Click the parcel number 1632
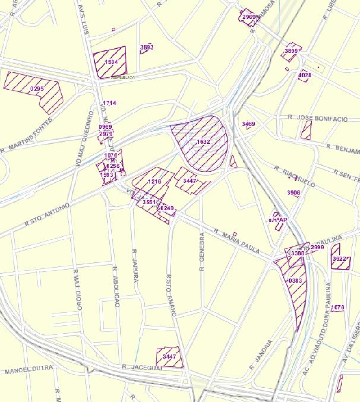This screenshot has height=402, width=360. point(203,142)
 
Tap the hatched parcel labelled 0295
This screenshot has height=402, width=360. point(37,89)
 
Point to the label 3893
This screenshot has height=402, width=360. point(147,47)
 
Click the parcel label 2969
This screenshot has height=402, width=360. point(249,17)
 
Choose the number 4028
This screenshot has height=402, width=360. point(305,75)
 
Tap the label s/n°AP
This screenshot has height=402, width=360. point(278,220)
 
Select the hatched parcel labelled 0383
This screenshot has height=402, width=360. point(295,280)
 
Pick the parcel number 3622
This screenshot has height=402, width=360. point(339,259)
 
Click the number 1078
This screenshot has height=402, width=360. point(337,308)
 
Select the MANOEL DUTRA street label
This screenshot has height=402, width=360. point(29,370)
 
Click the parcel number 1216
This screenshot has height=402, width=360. point(155,181)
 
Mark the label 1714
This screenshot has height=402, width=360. point(109,103)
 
